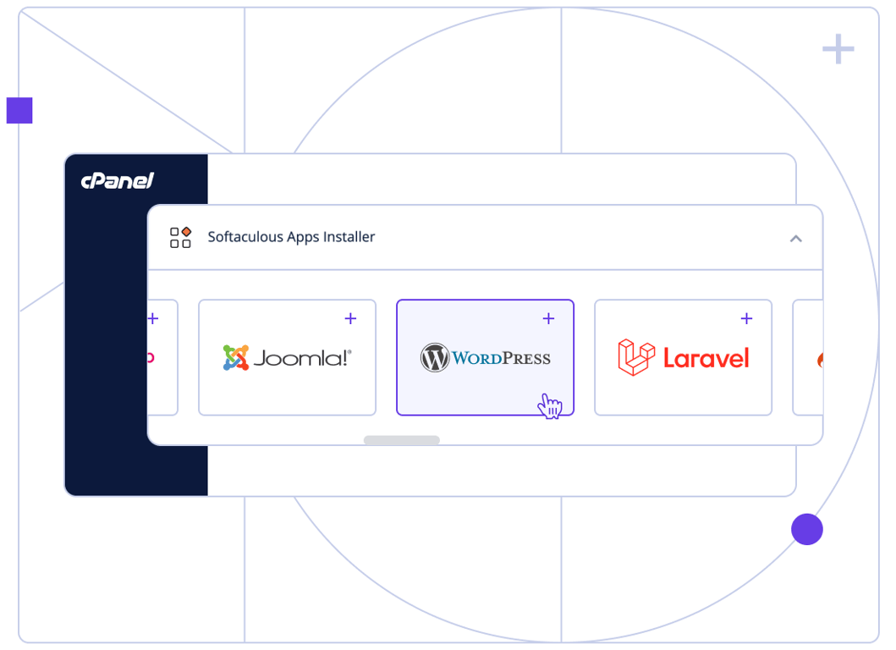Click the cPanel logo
pyautogui.click(x=118, y=180)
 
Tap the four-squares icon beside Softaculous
pyautogui.click(x=180, y=237)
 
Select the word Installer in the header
pyautogui.click(x=345, y=237)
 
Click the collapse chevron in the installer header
pyautogui.click(x=795, y=239)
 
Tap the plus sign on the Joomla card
pyautogui.click(x=350, y=319)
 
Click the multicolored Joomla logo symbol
pyautogui.click(x=236, y=357)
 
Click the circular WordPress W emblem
pyautogui.click(x=435, y=358)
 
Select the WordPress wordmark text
pyautogui.click(x=501, y=358)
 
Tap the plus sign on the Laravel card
pyautogui.click(x=746, y=319)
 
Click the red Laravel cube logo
pyautogui.click(x=636, y=357)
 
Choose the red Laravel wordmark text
pyautogui.click(x=706, y=358)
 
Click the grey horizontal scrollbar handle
pyautogui.click(x=401, y=440)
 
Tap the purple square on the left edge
pyautogui.click(x=19, y=110)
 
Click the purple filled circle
pyautogui.click(x=807, y=529)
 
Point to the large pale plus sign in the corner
pyautogui.click(x=838, y=50)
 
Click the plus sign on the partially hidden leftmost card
pyautogui.click(x=153, y=319)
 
